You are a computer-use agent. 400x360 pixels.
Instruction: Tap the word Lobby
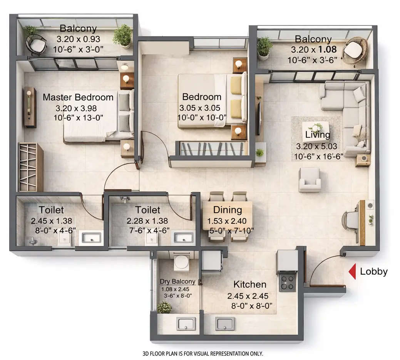373,272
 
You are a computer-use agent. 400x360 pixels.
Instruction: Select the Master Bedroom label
78,97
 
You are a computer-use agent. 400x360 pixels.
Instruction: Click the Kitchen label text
250,285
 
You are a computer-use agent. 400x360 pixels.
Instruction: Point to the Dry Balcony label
177,282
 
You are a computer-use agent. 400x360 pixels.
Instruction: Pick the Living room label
318,135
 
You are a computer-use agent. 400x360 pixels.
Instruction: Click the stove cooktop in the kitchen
287,280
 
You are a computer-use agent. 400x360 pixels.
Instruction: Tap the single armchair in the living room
310,180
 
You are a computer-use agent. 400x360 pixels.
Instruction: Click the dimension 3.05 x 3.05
202,108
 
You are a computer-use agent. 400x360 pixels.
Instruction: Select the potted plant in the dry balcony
164,308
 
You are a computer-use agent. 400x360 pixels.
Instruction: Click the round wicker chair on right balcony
355,50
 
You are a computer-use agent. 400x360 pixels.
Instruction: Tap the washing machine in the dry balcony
181,262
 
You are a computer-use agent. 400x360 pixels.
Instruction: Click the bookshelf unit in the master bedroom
30,167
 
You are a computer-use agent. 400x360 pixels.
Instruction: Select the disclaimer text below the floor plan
203,353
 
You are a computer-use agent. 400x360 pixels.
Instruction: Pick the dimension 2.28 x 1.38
147,221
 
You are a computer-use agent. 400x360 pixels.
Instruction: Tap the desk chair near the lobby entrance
351,221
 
